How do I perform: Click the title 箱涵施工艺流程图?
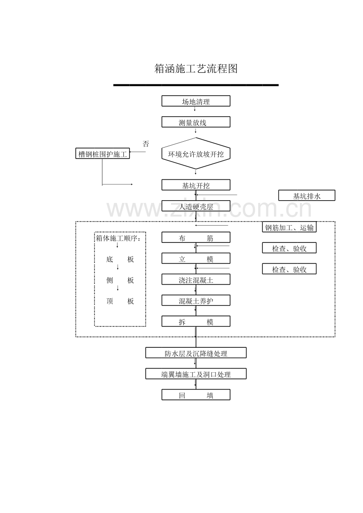pos(196,69)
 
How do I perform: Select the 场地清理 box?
pos(196,101)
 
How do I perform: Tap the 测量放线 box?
pos(196,122)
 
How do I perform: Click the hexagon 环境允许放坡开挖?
pos(196,154)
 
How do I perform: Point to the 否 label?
pos(146,144)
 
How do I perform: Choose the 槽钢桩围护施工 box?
pos(103,154)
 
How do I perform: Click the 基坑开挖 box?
pos(196,185)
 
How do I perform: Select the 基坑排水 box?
pos(307,196)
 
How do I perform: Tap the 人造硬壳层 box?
pos(196,207)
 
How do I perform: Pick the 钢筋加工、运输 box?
pos(289,227)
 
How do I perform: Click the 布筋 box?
pos(196,238)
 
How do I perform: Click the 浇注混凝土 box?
pos(196,280)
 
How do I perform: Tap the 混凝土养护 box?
pos(196,301)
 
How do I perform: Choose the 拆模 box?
pos(196,322)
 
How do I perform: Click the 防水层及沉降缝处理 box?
pos(196,353)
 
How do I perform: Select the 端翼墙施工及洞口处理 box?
pos(196,374)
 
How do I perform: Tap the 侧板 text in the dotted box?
pos(120,280)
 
